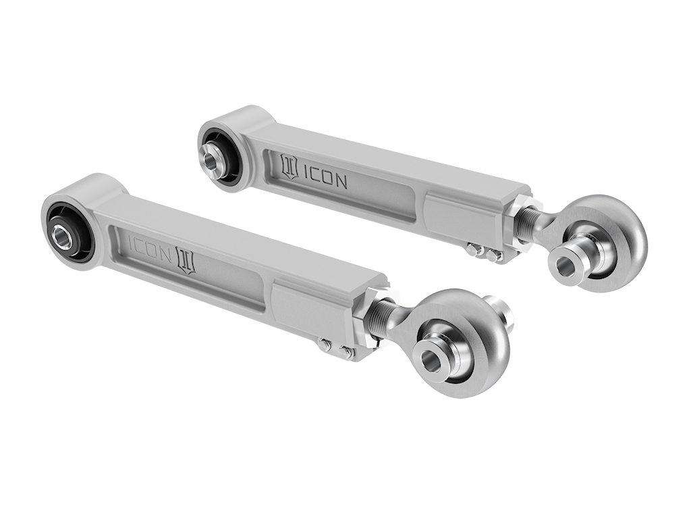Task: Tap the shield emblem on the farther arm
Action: pyautogui.click(x=289, y=167)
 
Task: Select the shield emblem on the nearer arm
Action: pyautogui.click(x=185, y=260)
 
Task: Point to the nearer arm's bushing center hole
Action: pyautogui.click(x=63, y=237)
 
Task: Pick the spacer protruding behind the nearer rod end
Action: pyautogui.click(x=501, y=310)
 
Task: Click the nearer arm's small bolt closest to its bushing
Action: pyautogui.click(x=325, y=345)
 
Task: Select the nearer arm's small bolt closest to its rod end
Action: pyautogui.click(x=347, y=352)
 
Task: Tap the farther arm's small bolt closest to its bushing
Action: pyautogui.click(x=472, y=249)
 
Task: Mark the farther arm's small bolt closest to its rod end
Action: pyautogui.click(x=493, y=255)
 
